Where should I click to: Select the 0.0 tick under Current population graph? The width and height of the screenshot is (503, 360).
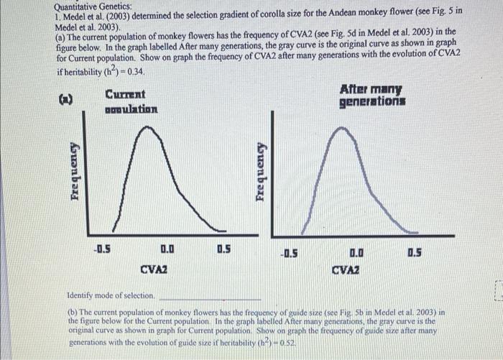166,250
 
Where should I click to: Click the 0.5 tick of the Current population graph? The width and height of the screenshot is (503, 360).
223,250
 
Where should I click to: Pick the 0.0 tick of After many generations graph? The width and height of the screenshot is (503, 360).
356,254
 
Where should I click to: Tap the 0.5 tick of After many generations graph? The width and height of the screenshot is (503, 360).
415,254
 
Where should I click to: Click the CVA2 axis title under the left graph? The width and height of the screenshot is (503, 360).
153,269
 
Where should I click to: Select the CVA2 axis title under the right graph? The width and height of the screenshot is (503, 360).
346,270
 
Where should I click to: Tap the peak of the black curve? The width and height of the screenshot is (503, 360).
149,128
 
